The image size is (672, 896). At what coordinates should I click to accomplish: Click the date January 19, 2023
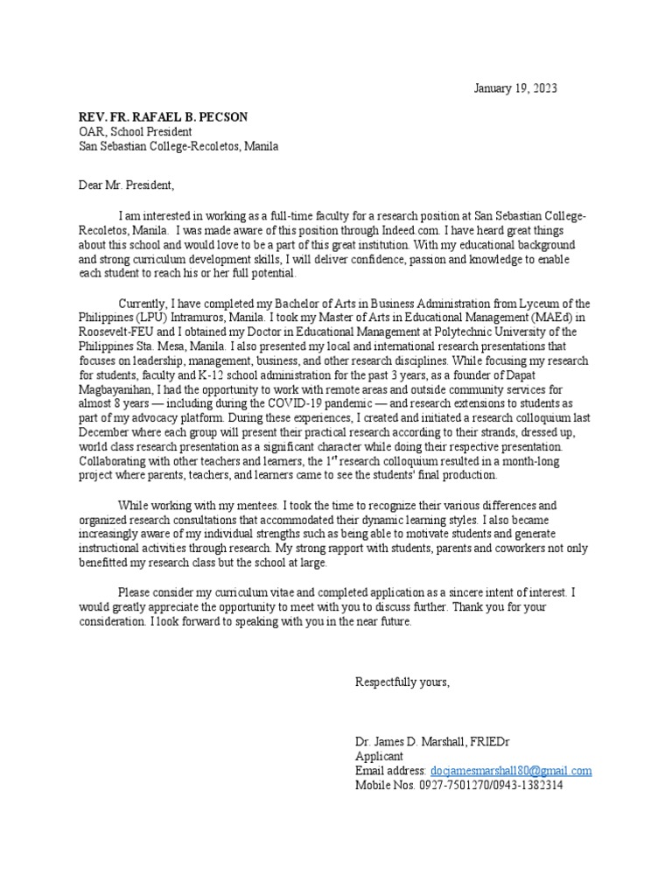click(514, 88)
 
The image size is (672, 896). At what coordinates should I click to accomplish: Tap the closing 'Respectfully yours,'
click(402, 682)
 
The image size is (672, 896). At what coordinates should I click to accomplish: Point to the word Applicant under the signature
click(379, 756)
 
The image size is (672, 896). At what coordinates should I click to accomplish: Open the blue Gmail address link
click(511, 771)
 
